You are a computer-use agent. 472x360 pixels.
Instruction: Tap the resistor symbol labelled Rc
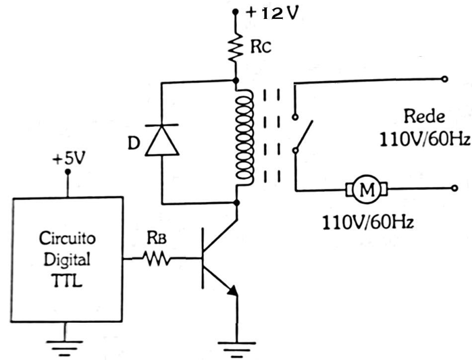pyautogui.click(x=236, y=47)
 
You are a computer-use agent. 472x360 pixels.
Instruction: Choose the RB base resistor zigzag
pyautogui.click(x=157, y=257)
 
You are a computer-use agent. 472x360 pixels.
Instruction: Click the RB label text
pyautogui.click(x=157, y=238)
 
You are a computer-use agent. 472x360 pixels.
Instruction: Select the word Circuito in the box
pyautogui.click(x=66, y=239)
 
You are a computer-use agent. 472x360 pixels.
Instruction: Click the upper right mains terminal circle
pyautogui.click(x=444, y=80)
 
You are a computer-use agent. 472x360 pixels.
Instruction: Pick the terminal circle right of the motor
pyautogui.click(x=444, y=190)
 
